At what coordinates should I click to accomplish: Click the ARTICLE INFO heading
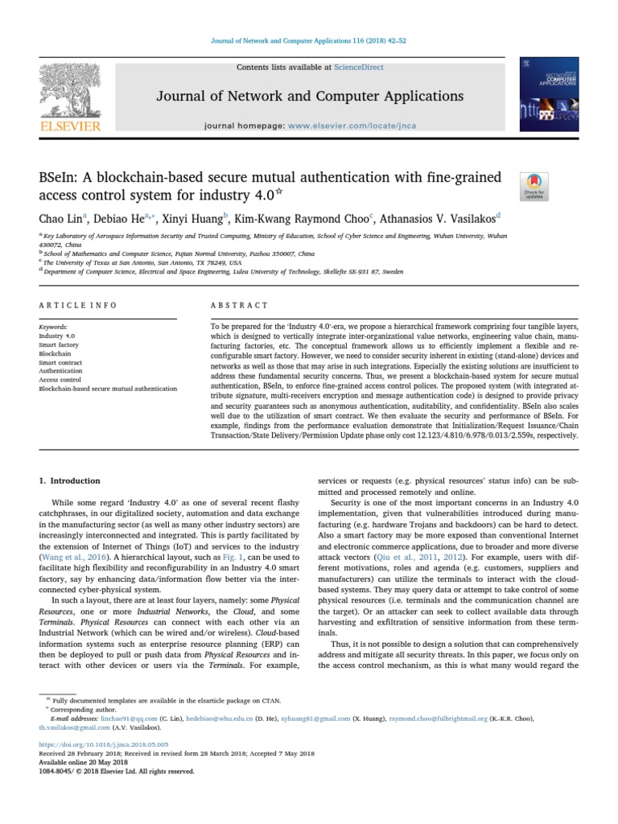(78, 305)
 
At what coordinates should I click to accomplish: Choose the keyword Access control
(60, 380)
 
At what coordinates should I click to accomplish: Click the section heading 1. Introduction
(70, 480)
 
